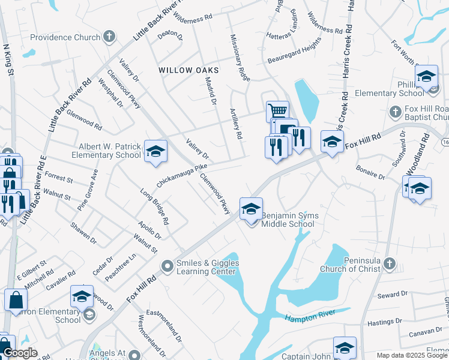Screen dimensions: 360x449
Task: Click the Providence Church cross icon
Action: point(109,37)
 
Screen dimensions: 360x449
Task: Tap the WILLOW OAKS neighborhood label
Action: point(188,70)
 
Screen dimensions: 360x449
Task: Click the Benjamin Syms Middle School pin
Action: point(251,209)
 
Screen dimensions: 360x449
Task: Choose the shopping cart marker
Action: point(277,111)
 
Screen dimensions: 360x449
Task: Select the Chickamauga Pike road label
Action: point(182,175)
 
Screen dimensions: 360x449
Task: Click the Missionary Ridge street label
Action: point(240,58)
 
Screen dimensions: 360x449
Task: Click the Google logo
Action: point(20,353)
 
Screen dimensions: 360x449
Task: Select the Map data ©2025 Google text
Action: point(412,355)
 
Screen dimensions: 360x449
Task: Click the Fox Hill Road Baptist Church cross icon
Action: point(396,112)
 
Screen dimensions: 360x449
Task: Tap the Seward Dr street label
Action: point(393,295)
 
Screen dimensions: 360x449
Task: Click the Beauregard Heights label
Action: point(298,47)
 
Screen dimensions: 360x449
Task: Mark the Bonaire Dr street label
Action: point(370,173)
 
